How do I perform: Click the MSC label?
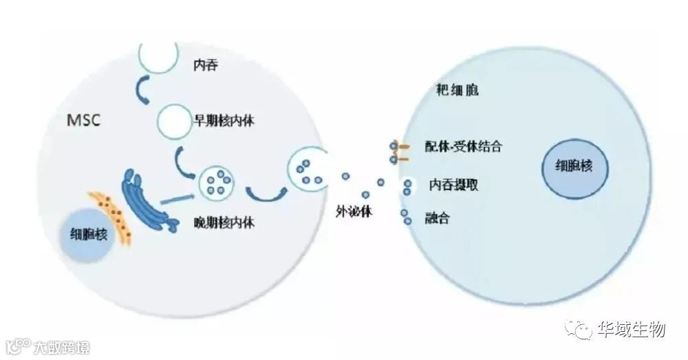(83, 120)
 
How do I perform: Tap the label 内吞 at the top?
(208, 65)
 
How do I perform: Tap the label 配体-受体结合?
(463, 147)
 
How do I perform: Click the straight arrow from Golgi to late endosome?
(178, 199)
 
